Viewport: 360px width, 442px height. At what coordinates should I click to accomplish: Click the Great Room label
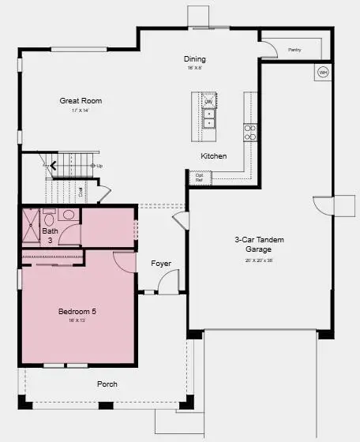tap(81, 101)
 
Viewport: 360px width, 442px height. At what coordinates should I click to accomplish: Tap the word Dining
tap(195, 59)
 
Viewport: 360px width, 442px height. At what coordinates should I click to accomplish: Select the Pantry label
tap(294, 50)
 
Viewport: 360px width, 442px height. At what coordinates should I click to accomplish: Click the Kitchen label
tap(213, 156)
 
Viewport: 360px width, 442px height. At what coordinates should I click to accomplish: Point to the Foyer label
tap(161, 264)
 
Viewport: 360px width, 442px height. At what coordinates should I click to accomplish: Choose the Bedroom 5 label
tap(77, 312)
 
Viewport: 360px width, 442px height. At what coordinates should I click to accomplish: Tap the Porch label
tap(107, 384)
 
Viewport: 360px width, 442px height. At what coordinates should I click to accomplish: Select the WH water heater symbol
tap(322, 73)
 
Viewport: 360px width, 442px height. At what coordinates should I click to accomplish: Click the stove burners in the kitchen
tap(249, 132)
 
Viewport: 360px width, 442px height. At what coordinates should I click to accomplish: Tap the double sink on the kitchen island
tap(209, 118)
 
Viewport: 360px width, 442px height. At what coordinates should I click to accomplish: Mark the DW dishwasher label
tap(209, 102)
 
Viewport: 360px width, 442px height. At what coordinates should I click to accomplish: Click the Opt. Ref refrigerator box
tap(199, 177)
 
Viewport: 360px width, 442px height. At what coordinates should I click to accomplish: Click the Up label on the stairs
tap(99, 166)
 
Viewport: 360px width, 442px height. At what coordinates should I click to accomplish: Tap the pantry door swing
tap(269, 49)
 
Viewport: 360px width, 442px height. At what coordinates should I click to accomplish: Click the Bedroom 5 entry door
tap(125, 261)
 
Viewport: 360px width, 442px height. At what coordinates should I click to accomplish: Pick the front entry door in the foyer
tap(169, 283)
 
